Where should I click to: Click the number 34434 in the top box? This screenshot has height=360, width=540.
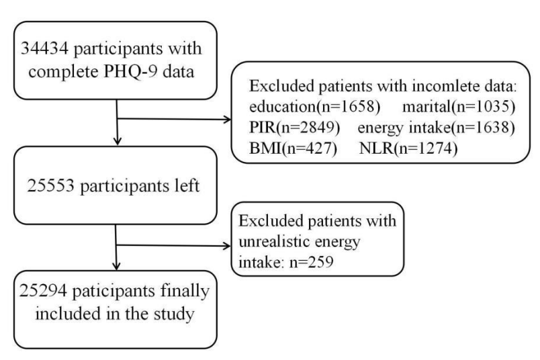45,48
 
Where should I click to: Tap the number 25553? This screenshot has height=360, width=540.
50,185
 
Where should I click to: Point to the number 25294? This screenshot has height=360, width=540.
43,291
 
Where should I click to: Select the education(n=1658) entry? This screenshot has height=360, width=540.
315,107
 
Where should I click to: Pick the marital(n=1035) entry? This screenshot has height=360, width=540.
459,107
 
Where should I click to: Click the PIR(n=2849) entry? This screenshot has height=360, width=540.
294,128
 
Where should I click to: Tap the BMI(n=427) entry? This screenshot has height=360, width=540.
293,148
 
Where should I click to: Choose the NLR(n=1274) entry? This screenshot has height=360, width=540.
408,148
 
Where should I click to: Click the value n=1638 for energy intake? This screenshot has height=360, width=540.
483,128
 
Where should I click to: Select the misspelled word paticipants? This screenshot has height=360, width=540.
114,291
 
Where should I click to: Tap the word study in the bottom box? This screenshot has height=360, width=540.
174,314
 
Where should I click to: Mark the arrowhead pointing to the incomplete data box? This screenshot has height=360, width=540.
228,120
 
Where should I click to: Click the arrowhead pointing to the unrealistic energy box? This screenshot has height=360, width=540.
227,246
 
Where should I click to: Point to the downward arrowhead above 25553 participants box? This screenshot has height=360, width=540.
118,141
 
